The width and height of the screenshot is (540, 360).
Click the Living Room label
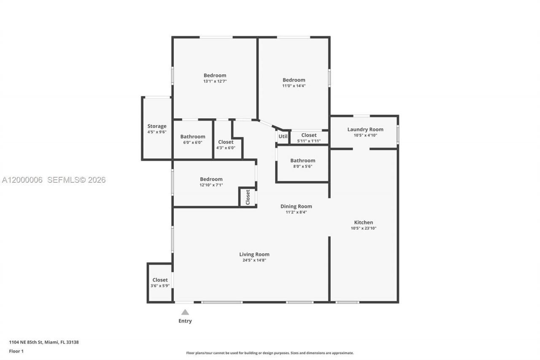click(254, 254)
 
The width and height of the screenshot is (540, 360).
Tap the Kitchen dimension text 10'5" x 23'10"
click(363, 228)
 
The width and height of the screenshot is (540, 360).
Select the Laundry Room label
click(365, 129)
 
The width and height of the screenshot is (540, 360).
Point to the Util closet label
click(283, 136)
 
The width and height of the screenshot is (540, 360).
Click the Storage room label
click(157, 126)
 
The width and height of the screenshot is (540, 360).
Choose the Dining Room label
click(296, 206)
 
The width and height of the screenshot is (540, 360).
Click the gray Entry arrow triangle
click(185, 312)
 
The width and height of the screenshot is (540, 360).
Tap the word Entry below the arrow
click(185, 321)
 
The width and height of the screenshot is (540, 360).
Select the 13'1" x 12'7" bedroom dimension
click(215, 81)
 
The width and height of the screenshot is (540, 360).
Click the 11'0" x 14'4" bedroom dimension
click(294, 86)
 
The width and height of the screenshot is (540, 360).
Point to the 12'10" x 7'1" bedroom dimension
click(211, 185)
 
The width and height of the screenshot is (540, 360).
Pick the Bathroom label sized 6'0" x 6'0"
click(193, 136)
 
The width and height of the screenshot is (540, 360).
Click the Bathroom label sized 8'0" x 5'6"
click(302, 160)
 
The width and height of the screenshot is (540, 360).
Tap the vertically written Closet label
click(248, 196)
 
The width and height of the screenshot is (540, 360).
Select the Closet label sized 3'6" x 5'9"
click(160, 280)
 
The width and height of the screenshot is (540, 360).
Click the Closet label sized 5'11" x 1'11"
click(309, 135)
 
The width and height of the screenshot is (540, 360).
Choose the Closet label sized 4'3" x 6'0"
click(226, 142)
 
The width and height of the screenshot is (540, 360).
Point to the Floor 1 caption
click(16, 351)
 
